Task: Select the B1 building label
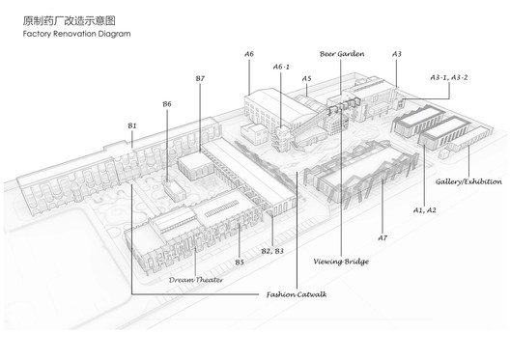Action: pos(132,125)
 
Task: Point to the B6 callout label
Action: pos(167,103)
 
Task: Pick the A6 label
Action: pos(249,54)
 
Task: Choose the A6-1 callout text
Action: pos(283,67)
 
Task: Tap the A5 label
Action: pos(306,77)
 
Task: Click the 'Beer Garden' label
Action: pos(342,55)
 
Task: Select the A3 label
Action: pos(397,54)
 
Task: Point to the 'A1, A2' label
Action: pos(426,208)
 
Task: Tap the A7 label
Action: pos(382,236)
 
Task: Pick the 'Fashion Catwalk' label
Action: pos(296,295)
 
